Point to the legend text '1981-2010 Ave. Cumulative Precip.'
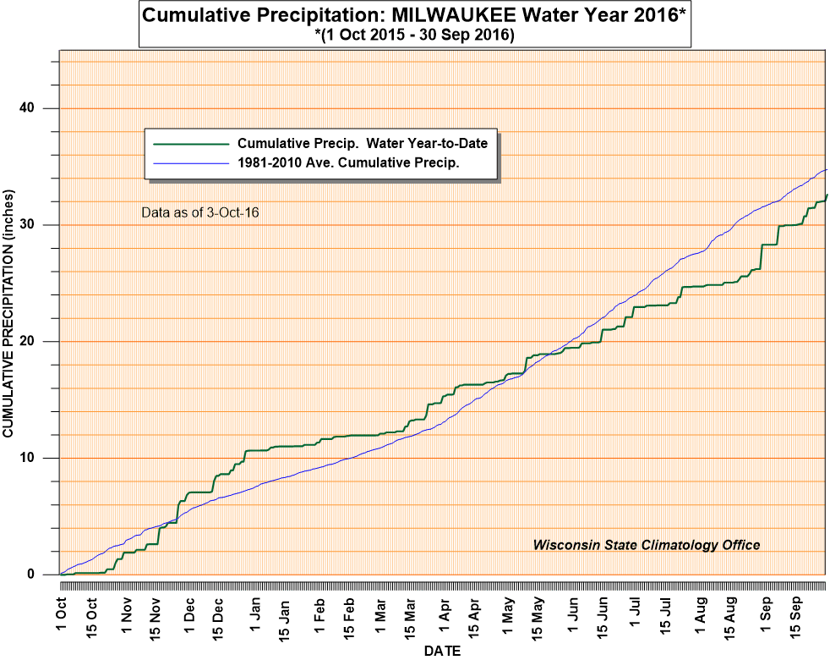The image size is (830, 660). [348, 163]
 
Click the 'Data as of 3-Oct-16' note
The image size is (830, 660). [199, 212]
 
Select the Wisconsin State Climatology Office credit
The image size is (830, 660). [646, 545]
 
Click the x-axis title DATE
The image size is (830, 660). [443, 651]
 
